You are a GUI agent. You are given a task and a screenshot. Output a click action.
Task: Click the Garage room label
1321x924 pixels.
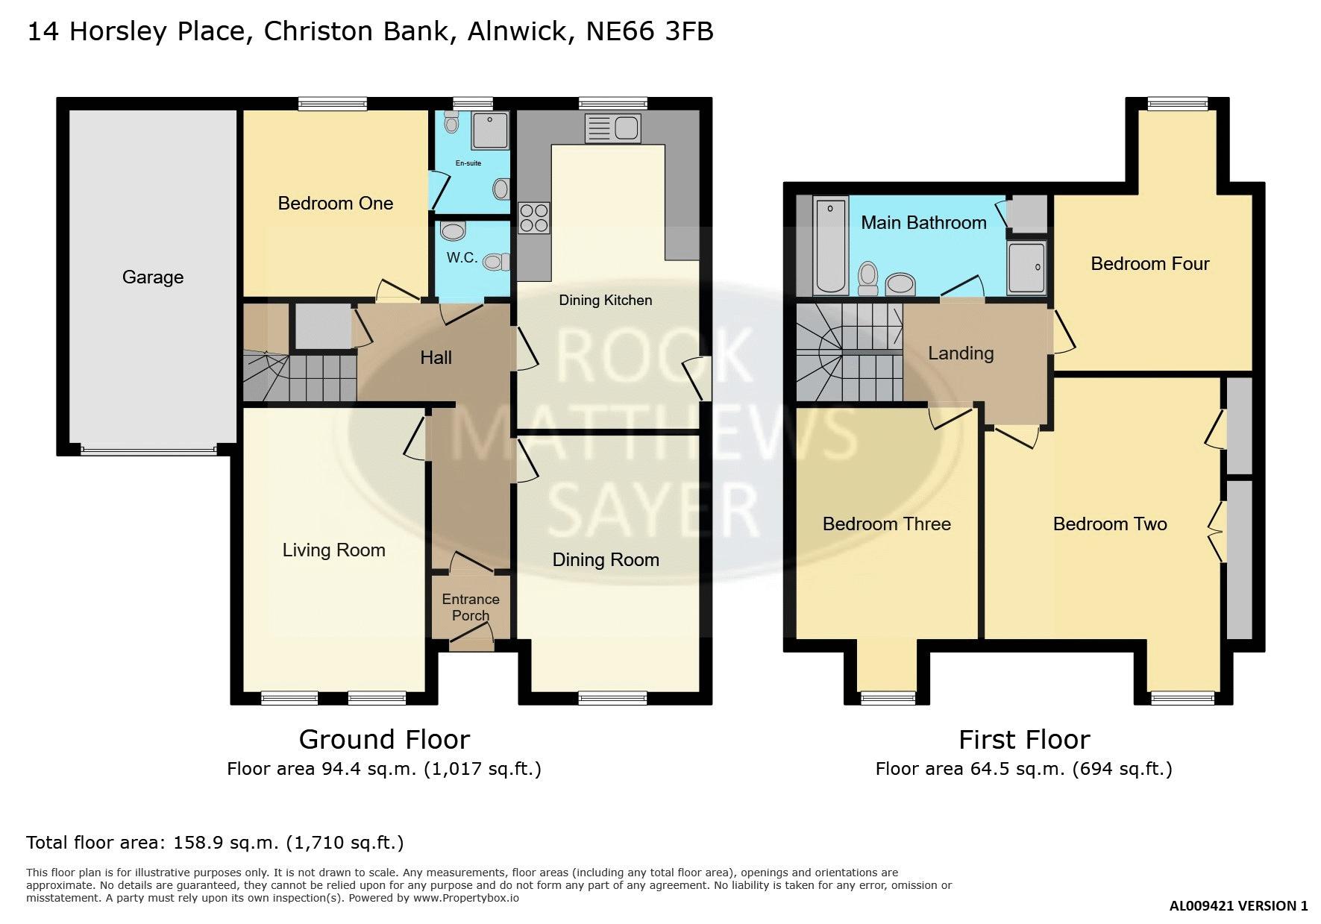[153, 277]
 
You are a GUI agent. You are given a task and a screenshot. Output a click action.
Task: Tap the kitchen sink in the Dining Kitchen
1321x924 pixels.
[612, 128]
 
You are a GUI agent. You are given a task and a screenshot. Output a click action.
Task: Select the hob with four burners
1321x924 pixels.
[534, 218]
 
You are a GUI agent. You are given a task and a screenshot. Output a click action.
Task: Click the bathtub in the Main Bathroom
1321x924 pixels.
[830, 245]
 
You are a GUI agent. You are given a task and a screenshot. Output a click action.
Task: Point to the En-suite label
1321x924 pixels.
[468, 163]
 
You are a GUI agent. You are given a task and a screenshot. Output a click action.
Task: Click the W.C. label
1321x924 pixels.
[462, 257]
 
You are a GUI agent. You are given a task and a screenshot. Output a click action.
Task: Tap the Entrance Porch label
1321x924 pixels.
[471, 607]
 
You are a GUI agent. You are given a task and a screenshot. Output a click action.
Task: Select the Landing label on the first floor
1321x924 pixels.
[961, 353]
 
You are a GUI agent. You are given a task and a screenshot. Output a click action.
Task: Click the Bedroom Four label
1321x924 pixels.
[1150, 263]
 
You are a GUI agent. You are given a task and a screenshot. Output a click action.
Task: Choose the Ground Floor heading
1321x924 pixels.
[384, 739]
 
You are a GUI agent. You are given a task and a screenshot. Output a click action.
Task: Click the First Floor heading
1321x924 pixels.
[1024, 739]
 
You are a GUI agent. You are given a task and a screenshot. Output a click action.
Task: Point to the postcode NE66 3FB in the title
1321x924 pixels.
[650, 31]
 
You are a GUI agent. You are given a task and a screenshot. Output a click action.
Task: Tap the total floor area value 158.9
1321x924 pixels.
[199, 843]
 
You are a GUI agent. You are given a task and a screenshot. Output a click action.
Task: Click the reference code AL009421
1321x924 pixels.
[1202, 906]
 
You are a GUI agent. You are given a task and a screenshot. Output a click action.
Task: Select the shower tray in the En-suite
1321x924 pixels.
[491, 130]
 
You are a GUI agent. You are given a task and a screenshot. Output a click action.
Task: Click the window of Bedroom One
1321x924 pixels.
[332, 104]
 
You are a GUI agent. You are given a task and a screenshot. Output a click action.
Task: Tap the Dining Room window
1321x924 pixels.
[612, 698]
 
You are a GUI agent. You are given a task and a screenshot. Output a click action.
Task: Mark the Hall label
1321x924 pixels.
[436, 358]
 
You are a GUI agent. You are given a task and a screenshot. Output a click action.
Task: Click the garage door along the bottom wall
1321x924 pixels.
[148, 450]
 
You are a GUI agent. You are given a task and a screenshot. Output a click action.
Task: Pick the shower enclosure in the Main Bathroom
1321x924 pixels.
[1027, 268]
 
